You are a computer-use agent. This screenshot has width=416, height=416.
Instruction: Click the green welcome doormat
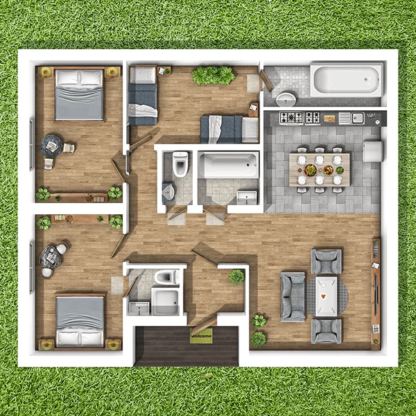tap(201, 336)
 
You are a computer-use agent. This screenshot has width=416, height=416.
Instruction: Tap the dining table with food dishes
tap(320, 170)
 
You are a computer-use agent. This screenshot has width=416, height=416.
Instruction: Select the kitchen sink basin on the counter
tap(358, 118)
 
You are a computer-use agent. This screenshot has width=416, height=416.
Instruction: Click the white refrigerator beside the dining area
tap(373, 151)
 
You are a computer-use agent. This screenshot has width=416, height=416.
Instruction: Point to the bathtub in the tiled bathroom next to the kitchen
tap(347, 80)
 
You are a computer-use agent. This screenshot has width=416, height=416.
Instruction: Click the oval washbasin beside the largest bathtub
tap(286, 99)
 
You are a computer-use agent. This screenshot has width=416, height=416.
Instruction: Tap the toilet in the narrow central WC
tap(180, 164)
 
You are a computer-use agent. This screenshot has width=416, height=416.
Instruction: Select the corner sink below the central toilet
tap(168, 191)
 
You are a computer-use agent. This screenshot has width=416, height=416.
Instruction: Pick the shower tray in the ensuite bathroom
tap(165, 301)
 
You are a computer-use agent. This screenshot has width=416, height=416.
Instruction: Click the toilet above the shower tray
tap(166, 277)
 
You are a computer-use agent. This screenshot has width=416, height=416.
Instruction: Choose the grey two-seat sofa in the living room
tap(293, 297)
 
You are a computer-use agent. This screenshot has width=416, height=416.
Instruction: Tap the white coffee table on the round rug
tap(327, 296)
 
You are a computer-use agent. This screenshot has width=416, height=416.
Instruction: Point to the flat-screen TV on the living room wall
tap(376, 295)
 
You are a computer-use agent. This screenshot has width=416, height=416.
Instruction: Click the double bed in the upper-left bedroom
tap(79, 94)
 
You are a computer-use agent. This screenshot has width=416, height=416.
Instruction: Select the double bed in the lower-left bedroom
tap(80, 321)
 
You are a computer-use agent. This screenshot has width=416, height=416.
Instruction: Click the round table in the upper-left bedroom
tap(51, 146)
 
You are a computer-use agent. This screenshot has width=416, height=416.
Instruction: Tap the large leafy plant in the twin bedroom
tap(214, 76)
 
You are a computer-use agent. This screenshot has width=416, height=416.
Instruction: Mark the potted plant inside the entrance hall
tap(236, 277)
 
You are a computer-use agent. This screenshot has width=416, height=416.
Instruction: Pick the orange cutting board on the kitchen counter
tap(329, 119)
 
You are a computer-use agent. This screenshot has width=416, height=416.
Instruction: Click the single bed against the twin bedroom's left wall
tap(143, 96)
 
